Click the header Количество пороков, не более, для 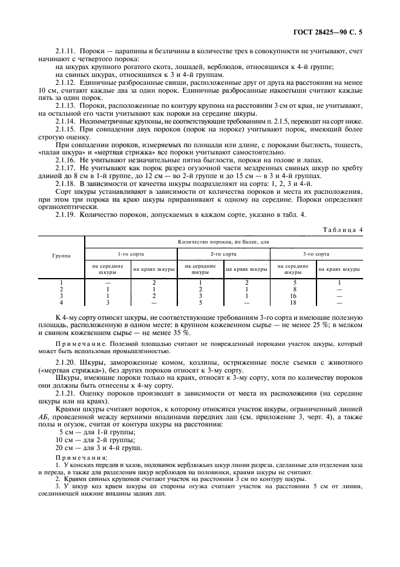click(x=224, y=241)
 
